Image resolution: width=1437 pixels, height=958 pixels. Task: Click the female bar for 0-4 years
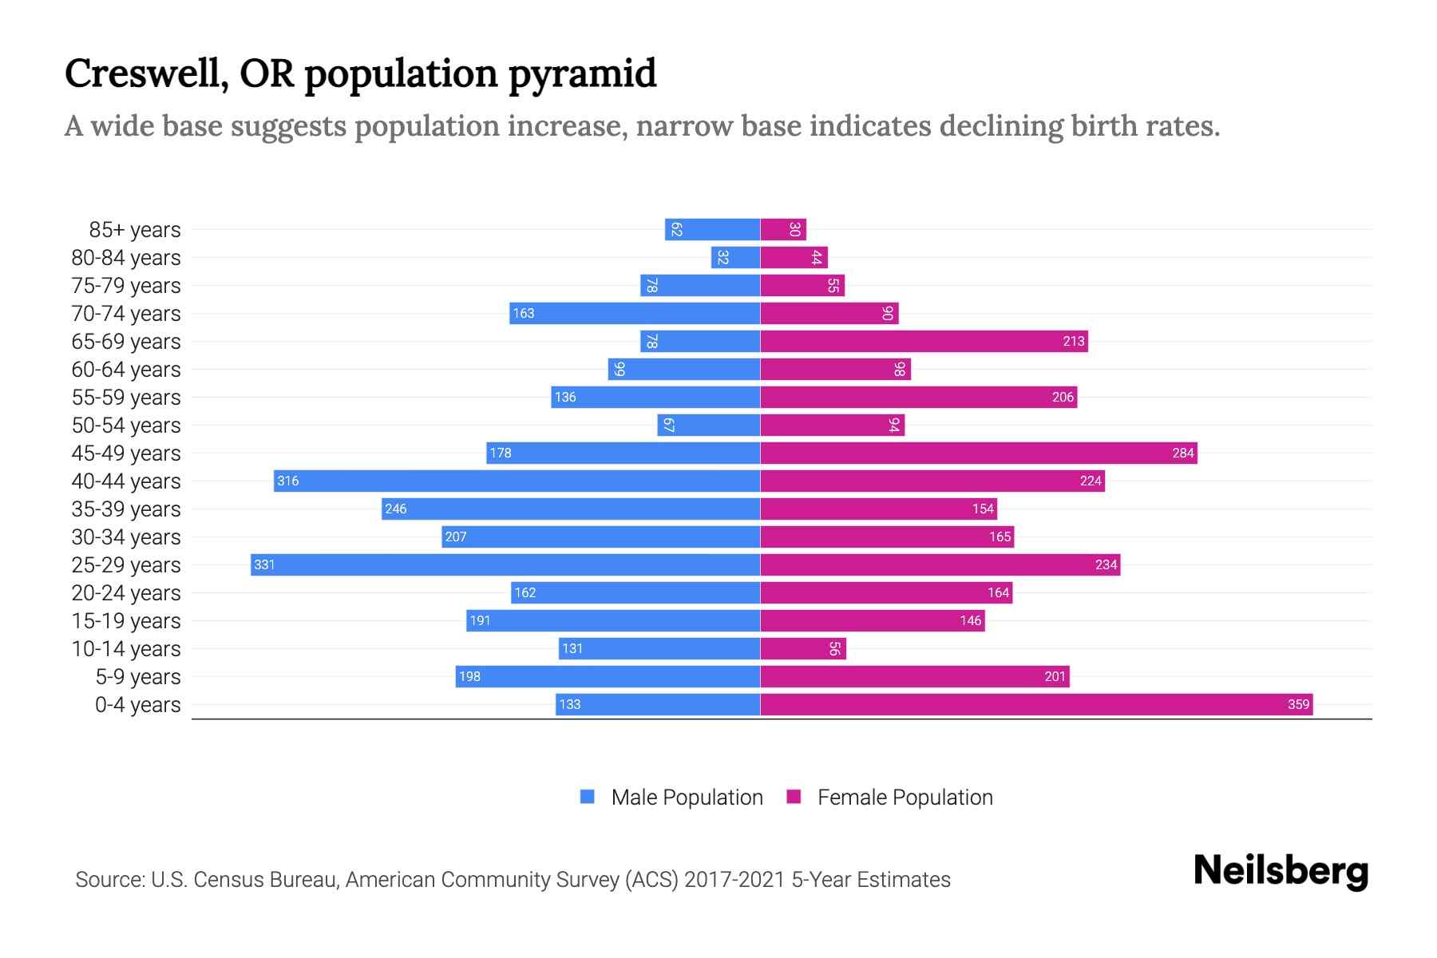(1036, 704)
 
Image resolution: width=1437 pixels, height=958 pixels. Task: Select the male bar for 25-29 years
(505, 564)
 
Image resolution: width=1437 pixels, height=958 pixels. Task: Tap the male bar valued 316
(517, 481)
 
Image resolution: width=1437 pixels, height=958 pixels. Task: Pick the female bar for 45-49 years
(978, 453)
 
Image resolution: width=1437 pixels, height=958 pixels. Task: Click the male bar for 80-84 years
(735, 257)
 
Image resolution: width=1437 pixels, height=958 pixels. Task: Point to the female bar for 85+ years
(782, 229)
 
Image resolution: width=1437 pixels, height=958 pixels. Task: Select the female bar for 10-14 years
(802, 648)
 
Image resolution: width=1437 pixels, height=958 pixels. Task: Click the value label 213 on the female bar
(1073, 341)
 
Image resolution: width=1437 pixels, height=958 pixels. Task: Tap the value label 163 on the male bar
(524, 313)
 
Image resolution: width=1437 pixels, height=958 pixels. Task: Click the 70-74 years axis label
(126, 314)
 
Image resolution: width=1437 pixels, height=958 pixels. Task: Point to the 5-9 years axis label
(137, 677)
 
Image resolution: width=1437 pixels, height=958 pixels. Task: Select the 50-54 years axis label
(126, 426)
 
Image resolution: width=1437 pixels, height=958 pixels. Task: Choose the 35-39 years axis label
(126, 509)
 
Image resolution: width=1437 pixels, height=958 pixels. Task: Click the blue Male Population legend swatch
(588, 797)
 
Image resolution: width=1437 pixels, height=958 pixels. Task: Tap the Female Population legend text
(905, 797)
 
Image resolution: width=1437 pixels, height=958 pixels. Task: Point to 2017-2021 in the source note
(734, 879)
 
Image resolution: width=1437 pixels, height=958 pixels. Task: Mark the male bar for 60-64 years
(683, 369)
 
